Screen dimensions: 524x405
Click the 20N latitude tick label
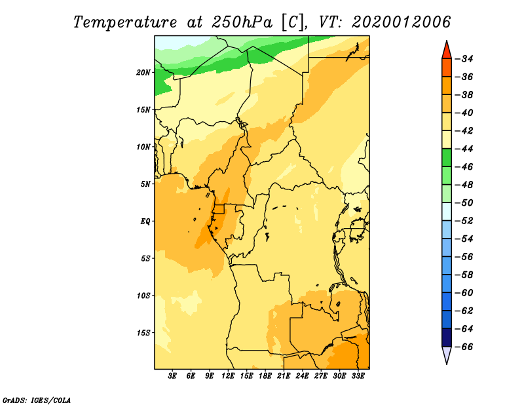point(143,73)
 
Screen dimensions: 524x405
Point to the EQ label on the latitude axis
point(145,222)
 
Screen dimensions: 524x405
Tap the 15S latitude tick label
point(143,333)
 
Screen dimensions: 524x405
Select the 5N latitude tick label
point(145,184)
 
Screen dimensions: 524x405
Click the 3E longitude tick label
point(172,376)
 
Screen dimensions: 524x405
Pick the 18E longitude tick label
point(265,376)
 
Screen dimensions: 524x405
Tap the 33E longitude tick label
point(358,376)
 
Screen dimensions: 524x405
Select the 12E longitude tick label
point(228,376)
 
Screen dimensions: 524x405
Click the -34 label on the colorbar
point(464,59)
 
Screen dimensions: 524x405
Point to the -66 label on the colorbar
point(464,347)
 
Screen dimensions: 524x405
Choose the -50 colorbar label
point(464,202)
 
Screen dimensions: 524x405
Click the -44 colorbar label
point(464,149)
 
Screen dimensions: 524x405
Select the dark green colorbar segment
point(447,158)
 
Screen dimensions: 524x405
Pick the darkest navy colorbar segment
point(447,337)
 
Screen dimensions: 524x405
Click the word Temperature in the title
point(125,22)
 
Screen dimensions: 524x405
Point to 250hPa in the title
point(242,22)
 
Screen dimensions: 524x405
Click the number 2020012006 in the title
point(401,22)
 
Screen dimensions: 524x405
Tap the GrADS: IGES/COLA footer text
point(37,400)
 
